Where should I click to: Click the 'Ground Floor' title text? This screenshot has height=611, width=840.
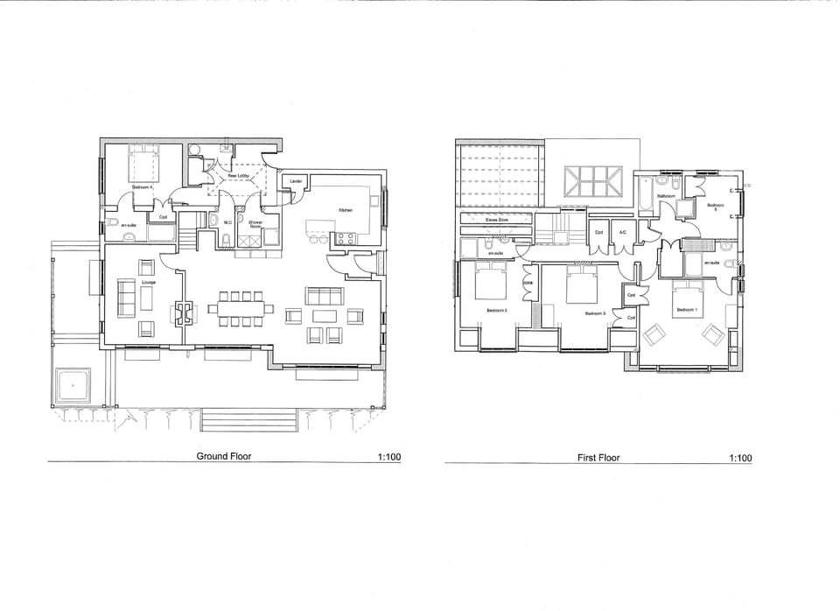pyautogui.click(x=223, y=456)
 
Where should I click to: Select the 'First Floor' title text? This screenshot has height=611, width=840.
pyautogui.click(x=598, y=458)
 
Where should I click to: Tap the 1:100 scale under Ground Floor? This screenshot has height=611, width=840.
pyautogui.click(x=388, y=457)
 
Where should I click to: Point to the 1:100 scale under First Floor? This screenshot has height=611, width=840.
pyautogui.click(x=739, y=458)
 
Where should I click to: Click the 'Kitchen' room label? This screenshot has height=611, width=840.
pyautogui.click(x=345, y=210)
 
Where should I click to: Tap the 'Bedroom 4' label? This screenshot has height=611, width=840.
pyautogui.click(x=142, y=187)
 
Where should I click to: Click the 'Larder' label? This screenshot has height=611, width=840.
pyautogui.click(x=296, y=181)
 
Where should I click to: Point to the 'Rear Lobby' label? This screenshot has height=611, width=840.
pyautogui.click(x=238, y=176)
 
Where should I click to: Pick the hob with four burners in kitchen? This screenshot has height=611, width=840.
pyautogui.click(x=345, y=237)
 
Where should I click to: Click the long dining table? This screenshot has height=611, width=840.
pyautogui.click(x=240, y=308)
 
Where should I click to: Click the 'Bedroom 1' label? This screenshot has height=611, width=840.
pyautogui.click(x=686, y=309)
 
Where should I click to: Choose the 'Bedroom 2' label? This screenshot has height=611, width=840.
pyautogui.click(x=497, y=309)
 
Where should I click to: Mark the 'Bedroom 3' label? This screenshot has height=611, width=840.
pyautogui.click(x=595, y=313)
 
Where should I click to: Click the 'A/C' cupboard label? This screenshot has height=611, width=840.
pyautogui.click(x=622, y=232)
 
